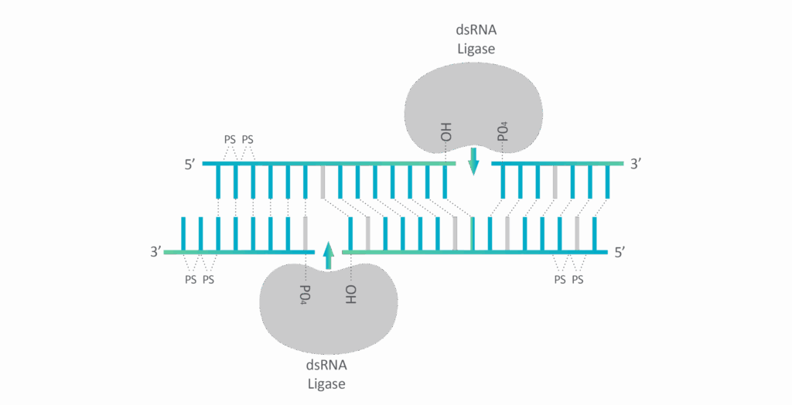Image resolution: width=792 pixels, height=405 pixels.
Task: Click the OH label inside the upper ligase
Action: point(446,131)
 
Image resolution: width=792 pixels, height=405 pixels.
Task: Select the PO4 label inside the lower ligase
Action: point(306,294)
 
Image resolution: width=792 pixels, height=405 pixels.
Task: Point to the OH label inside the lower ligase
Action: point(350,294)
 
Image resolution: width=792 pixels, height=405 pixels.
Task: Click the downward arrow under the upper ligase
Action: point(474,161)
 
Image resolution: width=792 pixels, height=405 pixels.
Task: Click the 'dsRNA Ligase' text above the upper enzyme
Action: point(476,39)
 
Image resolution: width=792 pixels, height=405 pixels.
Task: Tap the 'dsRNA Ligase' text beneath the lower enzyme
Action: point(326,374)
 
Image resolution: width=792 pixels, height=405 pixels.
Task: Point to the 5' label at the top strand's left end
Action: point(189,164)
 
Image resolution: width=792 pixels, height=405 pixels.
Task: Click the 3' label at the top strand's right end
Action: point(635,164)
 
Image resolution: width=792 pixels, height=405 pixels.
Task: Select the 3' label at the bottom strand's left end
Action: point(155,252)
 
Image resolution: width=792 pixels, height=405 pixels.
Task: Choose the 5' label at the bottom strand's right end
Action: point(619,252)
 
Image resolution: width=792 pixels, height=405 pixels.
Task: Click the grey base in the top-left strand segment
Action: point(323,182)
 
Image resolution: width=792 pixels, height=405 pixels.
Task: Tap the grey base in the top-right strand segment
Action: point(555,182)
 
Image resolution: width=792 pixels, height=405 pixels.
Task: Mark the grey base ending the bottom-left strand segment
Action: point(306,233)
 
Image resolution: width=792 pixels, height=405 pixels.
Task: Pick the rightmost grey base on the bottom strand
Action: point(577,233)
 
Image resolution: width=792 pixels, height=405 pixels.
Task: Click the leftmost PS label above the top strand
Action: point(230,141)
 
